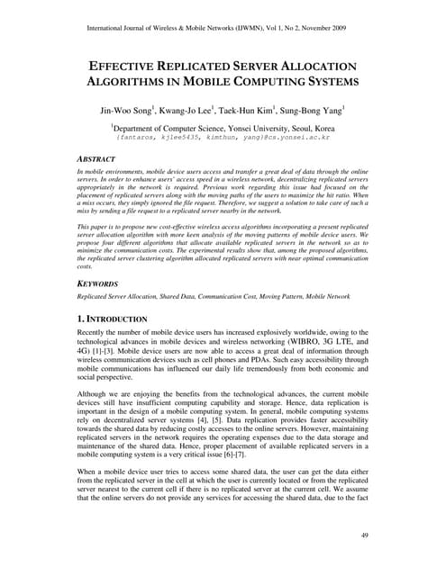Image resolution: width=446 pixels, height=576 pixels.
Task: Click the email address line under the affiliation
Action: pyautogui.click(x=223, y=139)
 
